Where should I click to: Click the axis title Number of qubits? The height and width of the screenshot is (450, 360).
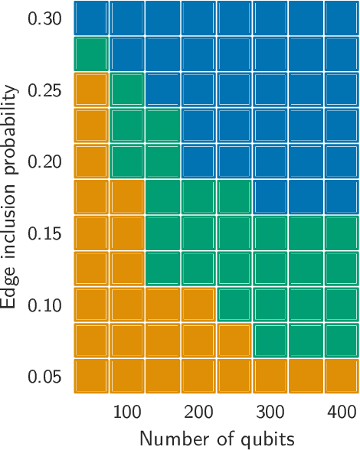click(217, 439)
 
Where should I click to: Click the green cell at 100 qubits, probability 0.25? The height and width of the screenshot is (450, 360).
click(126, 90)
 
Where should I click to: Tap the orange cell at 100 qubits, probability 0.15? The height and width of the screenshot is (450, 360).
click(126, 233)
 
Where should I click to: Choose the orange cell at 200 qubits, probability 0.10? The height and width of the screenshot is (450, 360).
click(198, 305)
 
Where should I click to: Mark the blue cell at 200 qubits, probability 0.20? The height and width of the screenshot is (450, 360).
click(198, 161)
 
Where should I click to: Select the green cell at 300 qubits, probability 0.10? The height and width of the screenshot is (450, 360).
click(270, 305)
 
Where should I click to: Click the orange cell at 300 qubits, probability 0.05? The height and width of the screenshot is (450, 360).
click(270, 377)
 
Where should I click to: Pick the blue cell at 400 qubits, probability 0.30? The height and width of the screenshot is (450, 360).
click(342, 18)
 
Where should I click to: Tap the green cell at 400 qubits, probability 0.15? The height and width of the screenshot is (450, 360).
click(342, 233)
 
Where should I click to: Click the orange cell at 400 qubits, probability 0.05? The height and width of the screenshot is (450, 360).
click(342, 377)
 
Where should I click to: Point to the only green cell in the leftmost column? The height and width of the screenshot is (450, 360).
click(90, 54)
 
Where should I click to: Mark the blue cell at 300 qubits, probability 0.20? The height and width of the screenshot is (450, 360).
click(270, 161)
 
